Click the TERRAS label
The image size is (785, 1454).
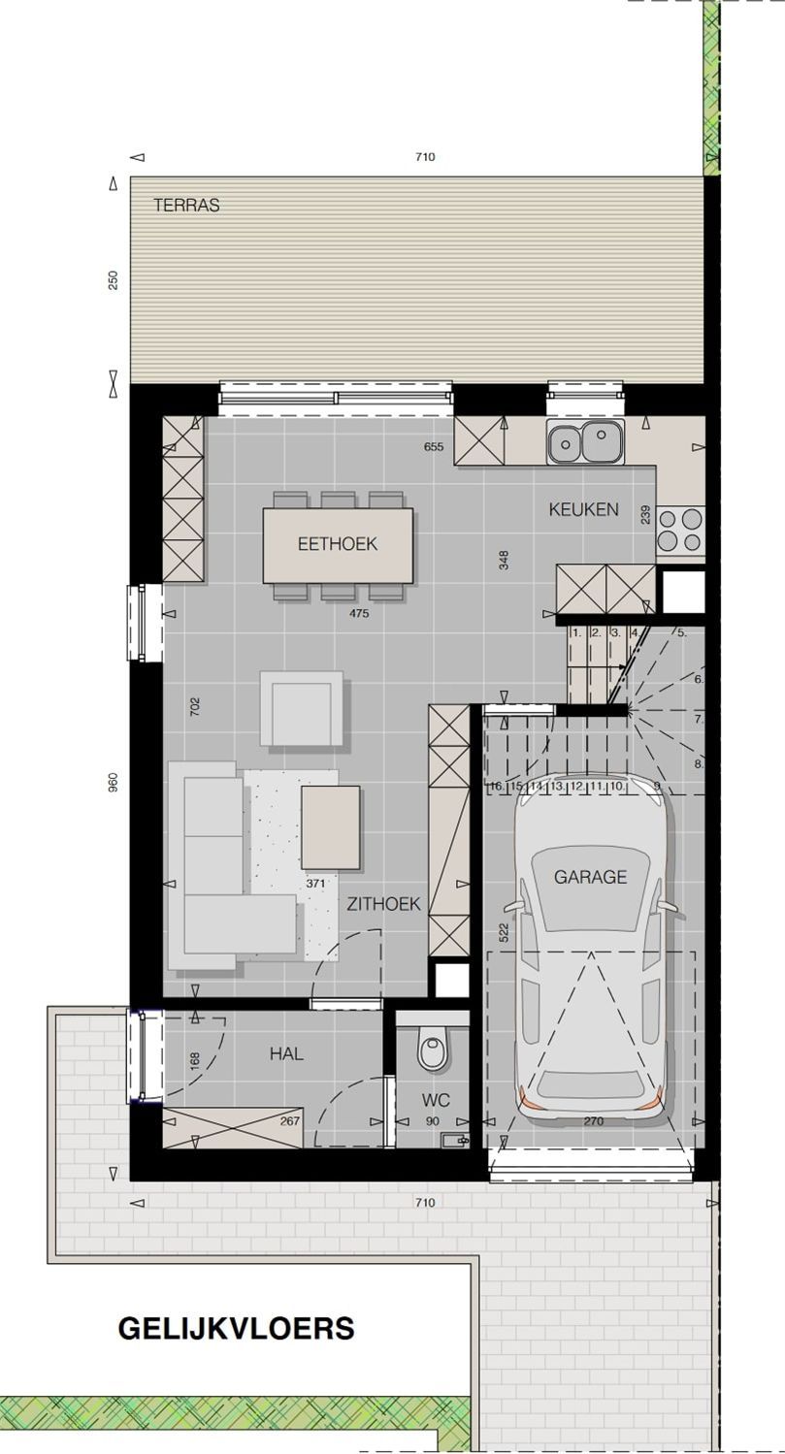186,205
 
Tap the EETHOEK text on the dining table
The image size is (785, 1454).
338,544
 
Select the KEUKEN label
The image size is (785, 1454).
584,509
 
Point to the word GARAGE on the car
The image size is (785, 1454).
590,877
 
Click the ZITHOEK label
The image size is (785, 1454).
383,904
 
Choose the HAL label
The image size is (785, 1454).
286,1054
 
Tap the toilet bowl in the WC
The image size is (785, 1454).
432,1050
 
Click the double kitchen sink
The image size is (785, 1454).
585,441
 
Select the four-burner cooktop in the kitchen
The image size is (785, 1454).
680,530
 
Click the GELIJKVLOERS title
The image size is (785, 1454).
237,1329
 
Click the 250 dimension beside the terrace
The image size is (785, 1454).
114,280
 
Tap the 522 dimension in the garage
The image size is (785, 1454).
504,933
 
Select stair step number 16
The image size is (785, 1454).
497,786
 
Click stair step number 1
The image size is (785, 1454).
576,632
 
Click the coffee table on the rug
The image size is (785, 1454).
331,827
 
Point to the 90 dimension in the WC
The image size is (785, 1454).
433,1121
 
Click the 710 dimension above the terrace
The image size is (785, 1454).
425,157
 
